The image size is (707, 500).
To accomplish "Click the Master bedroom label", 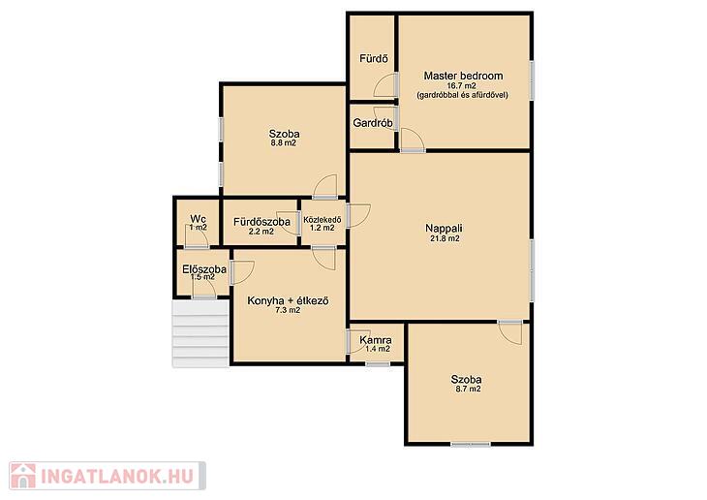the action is coord(463,76).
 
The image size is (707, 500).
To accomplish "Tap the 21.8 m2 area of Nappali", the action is coord(445,238).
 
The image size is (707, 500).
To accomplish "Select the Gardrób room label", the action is coord(373,123).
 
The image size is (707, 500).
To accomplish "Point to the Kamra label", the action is coord(376,340).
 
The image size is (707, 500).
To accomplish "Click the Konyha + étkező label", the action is coord(288,301).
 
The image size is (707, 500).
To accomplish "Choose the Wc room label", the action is coord(198,219).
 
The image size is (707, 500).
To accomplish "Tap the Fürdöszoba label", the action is coord(261,222).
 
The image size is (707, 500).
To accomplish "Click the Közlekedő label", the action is coord(323,220).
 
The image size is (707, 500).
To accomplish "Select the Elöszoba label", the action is coord(204,269).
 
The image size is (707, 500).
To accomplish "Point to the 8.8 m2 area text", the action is coord(283,143).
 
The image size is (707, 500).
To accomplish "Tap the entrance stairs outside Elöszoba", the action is coord(200,333).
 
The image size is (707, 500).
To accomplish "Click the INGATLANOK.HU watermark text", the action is coord(117,476).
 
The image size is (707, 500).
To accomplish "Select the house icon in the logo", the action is coord(23,476).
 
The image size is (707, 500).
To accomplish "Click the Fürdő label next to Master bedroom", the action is coord(374,59).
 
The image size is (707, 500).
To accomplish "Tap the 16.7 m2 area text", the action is coord(461,85).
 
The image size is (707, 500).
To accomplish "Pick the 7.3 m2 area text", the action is coord(288,310).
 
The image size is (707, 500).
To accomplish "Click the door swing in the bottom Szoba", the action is coord(511,333).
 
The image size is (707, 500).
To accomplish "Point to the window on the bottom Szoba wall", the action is coord(471,445).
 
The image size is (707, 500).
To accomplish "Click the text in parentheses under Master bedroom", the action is coord(462,95).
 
